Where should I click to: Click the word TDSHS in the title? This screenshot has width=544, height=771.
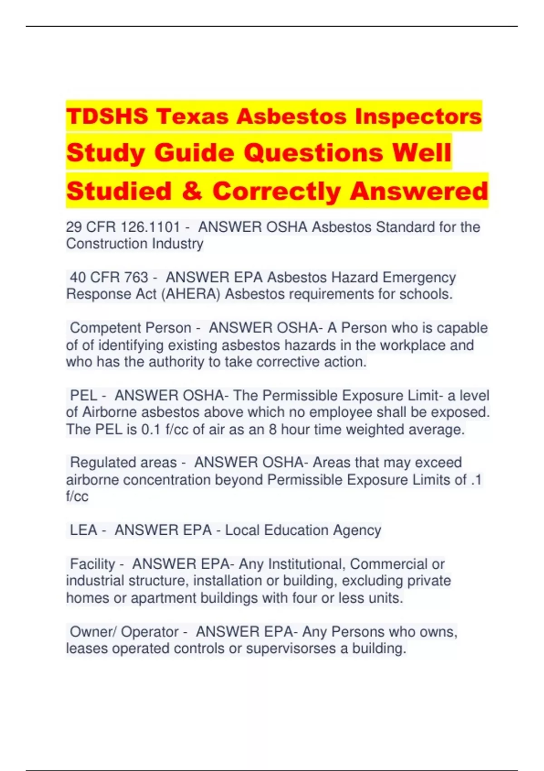(x=107, y=116)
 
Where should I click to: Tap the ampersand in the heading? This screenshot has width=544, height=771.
(x=192, y=191)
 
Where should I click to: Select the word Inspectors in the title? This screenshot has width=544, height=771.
(x=418, y=116)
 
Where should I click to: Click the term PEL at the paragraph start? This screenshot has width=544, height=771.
(x=83, y=395)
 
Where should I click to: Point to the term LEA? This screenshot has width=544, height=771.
(x=83, y=530)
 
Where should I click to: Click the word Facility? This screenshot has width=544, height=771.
(x=92, y=564)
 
